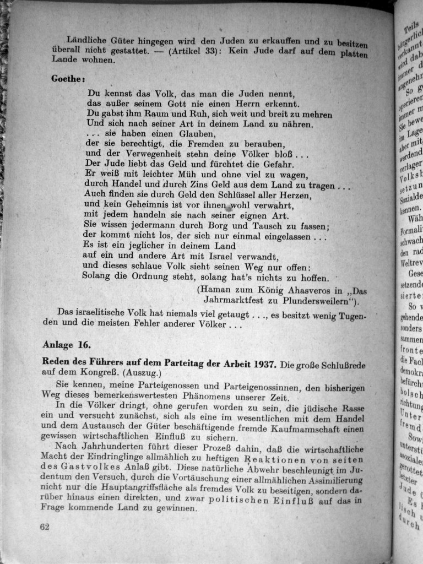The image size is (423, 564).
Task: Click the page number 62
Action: pos(45,526)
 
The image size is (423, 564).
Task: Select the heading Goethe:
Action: pos(68,79)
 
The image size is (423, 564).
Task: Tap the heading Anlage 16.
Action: pos(66,345)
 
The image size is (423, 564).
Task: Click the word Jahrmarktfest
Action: pos(233,301)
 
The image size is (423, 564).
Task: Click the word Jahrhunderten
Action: pos(118,448)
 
